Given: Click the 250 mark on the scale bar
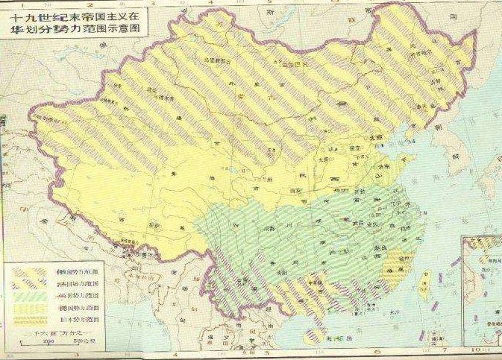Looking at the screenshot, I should (x=29, y=341).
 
